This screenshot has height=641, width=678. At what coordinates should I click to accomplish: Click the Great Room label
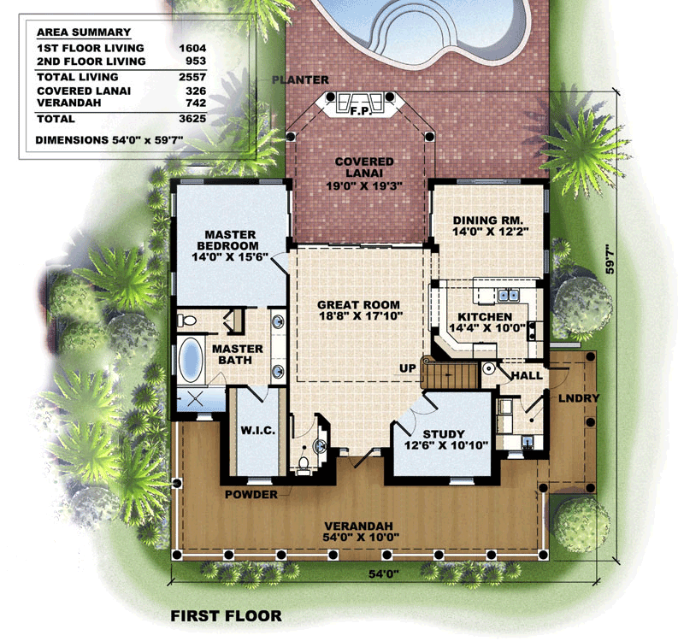click(358, 305)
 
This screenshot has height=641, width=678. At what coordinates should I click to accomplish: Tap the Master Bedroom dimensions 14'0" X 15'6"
click(231, 256)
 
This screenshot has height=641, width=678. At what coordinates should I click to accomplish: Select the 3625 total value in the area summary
click(193, 119)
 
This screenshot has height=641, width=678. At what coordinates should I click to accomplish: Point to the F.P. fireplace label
click(361, 111)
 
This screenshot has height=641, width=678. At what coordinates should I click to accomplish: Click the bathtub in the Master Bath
click(191, 360)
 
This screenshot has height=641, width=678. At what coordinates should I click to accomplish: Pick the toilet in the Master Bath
click(186, 320)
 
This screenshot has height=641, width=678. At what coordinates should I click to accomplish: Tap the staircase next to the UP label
click(450, 373)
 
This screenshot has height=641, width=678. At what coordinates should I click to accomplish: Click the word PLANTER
click(300, 80)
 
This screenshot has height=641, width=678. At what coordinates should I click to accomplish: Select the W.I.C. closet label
click(257, 431)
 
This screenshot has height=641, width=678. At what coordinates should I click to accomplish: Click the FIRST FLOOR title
click(227, 616)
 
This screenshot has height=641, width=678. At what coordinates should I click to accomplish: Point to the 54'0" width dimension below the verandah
click(383, 574)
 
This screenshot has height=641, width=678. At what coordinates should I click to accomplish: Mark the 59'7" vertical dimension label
click(610, 259)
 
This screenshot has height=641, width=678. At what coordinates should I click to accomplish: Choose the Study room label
click(444, 434)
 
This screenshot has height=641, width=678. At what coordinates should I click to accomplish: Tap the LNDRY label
click(579, 398)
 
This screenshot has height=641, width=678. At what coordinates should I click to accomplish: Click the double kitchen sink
click(508, 295)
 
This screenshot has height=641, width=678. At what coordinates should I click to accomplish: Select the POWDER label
click(251, 495)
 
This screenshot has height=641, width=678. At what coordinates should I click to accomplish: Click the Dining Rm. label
click(488, 221)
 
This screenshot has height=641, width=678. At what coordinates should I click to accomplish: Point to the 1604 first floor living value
click(193, 48)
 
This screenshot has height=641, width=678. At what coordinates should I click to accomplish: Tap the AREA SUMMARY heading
click(84, 32)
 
